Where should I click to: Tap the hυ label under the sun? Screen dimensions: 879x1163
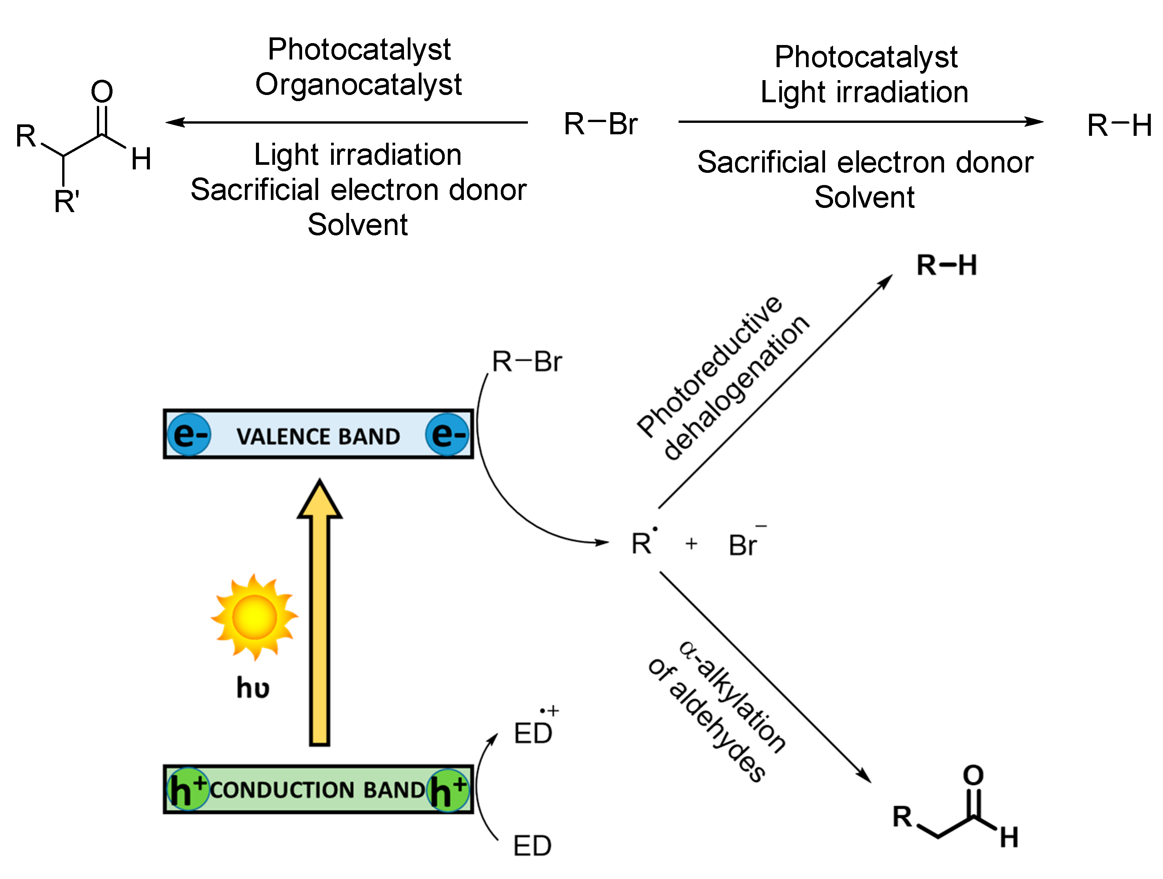[x=253, y=688]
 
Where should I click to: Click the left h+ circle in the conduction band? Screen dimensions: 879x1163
[x=187, y=790]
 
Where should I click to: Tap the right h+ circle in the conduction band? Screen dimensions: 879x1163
[x=448, y=790]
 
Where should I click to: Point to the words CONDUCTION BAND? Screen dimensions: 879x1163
[x=318, y=790]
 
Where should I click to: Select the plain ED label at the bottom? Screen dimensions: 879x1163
[x=532, y=846]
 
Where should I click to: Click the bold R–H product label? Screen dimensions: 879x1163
[x=946, y=265]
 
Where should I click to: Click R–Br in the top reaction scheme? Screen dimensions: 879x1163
[x=600, y=124]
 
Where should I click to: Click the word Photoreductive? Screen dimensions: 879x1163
[x=710, y=366]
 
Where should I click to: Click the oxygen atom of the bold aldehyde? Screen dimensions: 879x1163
[x=973, y=775]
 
